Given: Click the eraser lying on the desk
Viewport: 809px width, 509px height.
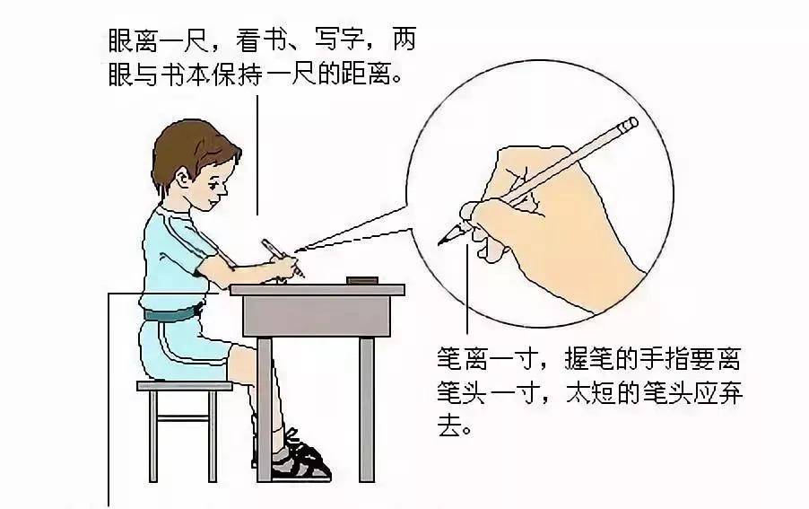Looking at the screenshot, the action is pyautogui.click(x=362, y=280).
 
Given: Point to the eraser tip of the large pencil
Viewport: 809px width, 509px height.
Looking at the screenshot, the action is pyautogui.click(x=630, y=124).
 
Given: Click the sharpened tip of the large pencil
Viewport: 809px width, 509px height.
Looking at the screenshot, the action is pyautogui.click(x=443, y=241).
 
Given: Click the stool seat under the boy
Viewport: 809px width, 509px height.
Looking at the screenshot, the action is pyautogui.click(x=184, y=386).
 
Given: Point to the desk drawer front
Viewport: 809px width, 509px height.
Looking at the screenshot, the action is pyautogui.click(x=317, y=316).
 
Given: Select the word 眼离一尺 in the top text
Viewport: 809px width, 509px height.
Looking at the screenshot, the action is pyautogui.click(x=158, y=40).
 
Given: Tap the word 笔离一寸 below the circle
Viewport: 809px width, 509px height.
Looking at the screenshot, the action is pyautogui.click(x=488, y=358).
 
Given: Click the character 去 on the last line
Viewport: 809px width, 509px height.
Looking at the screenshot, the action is pyautogui.click(x=449, y=425).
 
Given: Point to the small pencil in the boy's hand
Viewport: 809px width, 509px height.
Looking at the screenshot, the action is pyautogui.click(x=283, y=258).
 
